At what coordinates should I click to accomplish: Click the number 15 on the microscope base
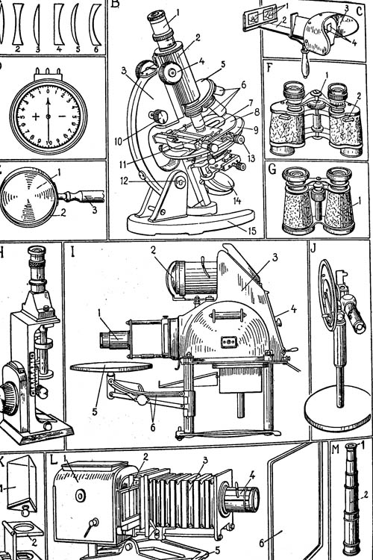252,231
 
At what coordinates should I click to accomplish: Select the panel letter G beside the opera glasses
272,169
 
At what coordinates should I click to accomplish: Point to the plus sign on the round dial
36,116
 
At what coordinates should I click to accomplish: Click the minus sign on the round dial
62,116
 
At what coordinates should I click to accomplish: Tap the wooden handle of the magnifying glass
81,196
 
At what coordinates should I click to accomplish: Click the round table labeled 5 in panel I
111,367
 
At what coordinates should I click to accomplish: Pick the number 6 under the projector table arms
153,428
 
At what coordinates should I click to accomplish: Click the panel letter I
73,252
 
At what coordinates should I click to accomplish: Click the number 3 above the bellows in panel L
204,461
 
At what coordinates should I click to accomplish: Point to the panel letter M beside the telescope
336,449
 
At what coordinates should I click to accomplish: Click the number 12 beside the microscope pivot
124,181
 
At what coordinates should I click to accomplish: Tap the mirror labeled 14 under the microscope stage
221,183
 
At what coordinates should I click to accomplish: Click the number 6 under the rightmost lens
95,49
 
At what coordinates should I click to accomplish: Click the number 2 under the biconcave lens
18,49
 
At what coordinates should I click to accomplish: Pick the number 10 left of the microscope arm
119,141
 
